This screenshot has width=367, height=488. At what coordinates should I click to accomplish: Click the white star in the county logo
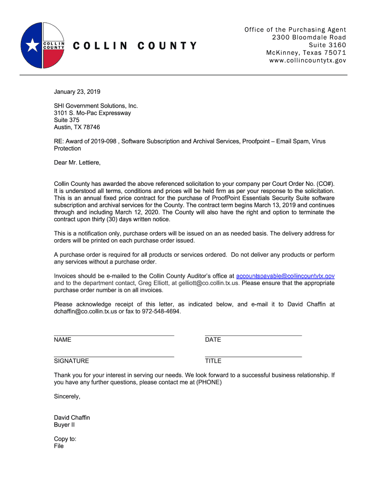pyautogui.click(x=32, y=45)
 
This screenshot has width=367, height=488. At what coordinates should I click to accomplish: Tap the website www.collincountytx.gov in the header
pyautogui.click(x=307, y=61)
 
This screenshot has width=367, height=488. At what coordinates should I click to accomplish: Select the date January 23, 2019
pyautogui.click(x=77, y=91)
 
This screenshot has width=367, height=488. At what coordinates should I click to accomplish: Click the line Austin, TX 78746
pyautogui.click(x=77, y=127)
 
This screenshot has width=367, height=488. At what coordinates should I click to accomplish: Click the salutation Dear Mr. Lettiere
pyautogui.click(x=77, y=163)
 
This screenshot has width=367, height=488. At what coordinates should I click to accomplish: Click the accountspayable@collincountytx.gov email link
pyautogui.click(x=285, y=276)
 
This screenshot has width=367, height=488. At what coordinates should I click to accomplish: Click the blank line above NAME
pyautogui.click(x=114, y=335)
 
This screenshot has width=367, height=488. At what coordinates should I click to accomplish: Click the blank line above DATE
pyautogui.click(x=253, y=335)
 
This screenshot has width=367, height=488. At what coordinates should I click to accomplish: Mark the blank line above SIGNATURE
pyautogui.click(x=114, y=356)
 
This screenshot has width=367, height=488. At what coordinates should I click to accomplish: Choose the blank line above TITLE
pyautogui.click(x=253, y=356)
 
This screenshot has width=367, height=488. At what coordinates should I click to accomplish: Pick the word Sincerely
pyautogui.click(x=67, y=396)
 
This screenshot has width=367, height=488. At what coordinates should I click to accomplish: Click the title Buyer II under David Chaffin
pyautogui.click(x=64, y=425)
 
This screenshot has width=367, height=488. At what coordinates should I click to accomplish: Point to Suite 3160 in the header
pyautogui.click(x=327, y=45)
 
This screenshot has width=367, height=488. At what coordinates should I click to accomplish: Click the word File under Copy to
pyautogui.click(x=59, y=446)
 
